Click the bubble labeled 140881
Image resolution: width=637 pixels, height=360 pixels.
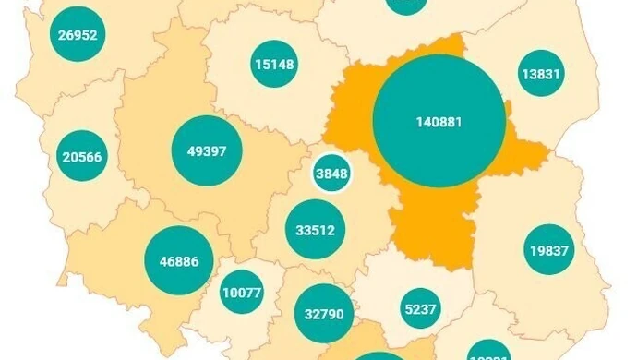[439, 121]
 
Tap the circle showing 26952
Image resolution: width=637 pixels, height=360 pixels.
[78, 36]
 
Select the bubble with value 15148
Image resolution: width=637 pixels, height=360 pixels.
[274, 64]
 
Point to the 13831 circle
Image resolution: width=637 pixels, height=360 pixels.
[541, 74]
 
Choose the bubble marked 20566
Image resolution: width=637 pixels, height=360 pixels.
[82, 157]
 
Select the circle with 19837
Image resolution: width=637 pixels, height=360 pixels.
[549, 249]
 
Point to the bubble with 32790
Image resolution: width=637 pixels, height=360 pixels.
[323, 313]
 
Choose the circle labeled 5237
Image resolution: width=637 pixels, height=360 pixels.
[420, 309]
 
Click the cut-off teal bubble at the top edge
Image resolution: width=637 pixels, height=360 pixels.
[406, 5]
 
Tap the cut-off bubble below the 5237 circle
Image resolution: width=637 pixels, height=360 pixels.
[488, 354]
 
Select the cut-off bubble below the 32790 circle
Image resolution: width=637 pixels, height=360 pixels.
[367, 356]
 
